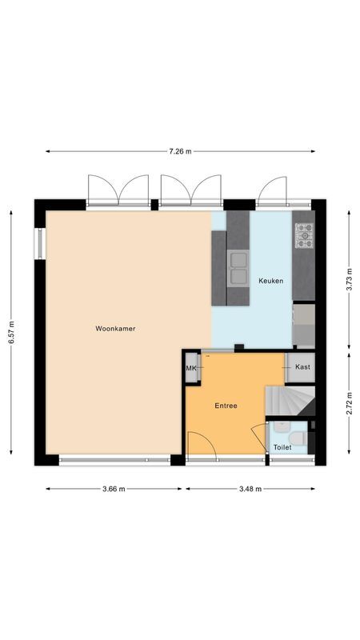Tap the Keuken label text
tap(270, 281)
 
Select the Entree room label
tap(226, 406)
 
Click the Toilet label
tap(282, 447)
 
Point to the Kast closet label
tap(302, 367)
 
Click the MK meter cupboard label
tap(191, 368)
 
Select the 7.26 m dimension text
tap(180, 151)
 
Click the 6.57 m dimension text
tap(11, 332)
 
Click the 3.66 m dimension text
tap(114, 489)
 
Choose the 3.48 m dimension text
tap(250, 489)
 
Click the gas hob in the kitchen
tap(305, 235)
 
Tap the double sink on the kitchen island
tap(238, 267)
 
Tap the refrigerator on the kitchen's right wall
tap(304, 324)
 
